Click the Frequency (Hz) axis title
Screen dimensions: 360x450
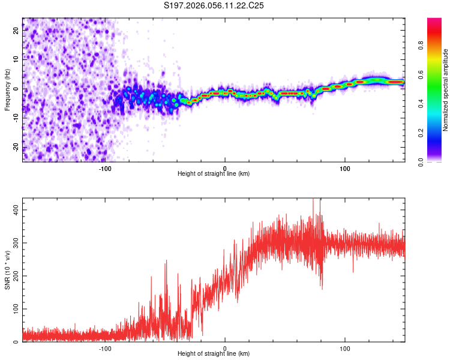8,89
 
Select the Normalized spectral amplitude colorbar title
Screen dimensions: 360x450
445,90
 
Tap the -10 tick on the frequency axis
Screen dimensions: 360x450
15,118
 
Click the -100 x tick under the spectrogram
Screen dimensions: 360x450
105,169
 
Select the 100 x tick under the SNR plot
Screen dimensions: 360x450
345,349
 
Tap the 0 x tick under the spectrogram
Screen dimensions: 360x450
225,169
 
